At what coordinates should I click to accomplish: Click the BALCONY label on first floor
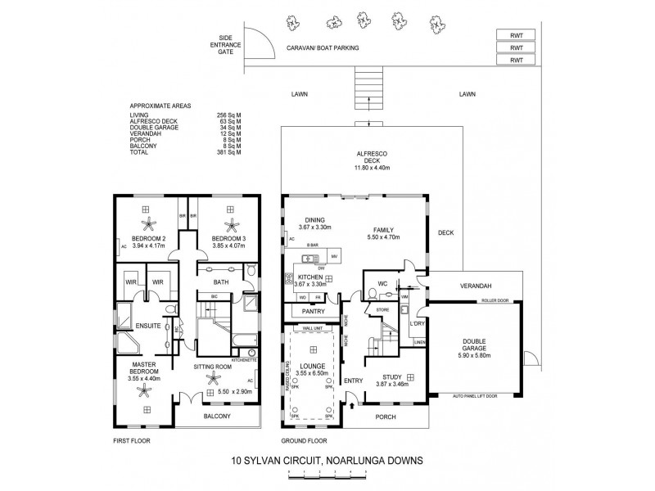pos(217,416)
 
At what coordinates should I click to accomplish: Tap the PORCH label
pos(385,417)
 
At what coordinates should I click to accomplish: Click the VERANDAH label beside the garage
pos(475,286)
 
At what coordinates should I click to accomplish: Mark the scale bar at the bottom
pos(327,475)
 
